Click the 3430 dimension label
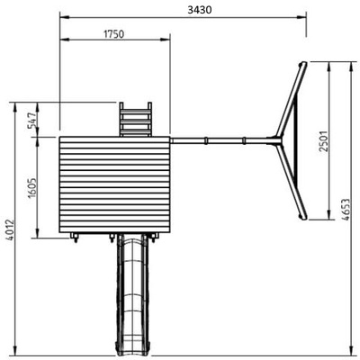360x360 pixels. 200,10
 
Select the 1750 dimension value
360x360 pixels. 114,34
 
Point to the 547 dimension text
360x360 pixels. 31,121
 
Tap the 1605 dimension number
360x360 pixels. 31,188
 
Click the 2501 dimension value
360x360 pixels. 324,141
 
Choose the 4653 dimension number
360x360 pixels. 346,210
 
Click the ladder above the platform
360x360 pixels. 136,120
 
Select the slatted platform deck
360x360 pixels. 114,184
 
